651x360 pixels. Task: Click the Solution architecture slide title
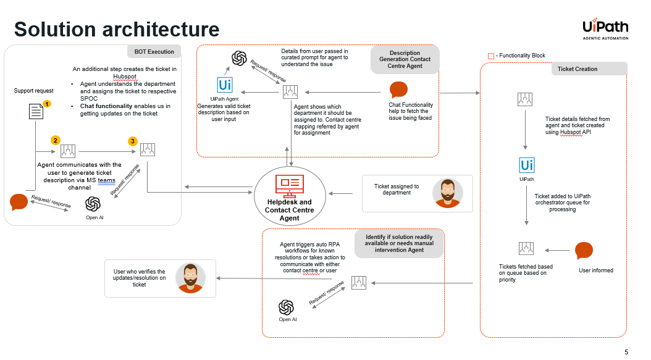(x=117, y=29)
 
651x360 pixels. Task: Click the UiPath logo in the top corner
(x=605, y=28)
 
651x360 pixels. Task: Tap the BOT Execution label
(x=154, y=51)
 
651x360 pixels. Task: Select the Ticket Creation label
(x=577, y=69)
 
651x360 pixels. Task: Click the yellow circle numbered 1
(x=47, y=105)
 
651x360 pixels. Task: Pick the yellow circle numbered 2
(x=56, y=140)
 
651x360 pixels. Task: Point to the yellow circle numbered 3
(x=132, y=141)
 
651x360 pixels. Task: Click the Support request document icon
(x=36, y=111)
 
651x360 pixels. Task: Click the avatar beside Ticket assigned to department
(x=447, y=193)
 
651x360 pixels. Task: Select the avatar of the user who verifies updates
(x=190, y=277)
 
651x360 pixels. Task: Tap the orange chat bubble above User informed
(x=584, y=251)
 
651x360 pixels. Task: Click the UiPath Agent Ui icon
(x=225, y=85)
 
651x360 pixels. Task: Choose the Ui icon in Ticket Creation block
(x=527, y=165)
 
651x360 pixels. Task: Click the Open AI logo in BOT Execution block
(x=93, y=204)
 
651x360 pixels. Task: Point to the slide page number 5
(x=626, y=352)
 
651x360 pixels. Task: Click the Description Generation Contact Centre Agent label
(x=405, y=59)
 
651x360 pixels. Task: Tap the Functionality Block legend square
(x=491, y=56)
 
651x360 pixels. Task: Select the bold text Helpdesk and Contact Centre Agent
(x=289, y=210)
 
